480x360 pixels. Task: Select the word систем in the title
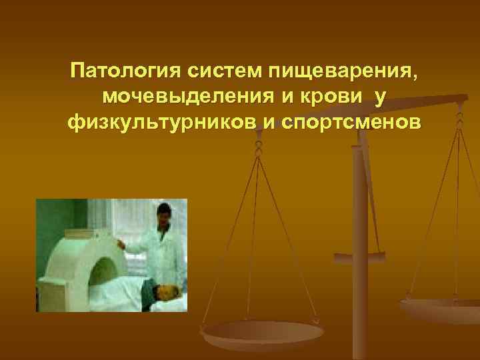coord(219,70)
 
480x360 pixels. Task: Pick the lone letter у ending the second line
coord(380,97)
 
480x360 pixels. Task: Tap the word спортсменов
coord(346,123)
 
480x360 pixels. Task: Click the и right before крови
coord(283,97)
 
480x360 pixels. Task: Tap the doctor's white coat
coord(159,247)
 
